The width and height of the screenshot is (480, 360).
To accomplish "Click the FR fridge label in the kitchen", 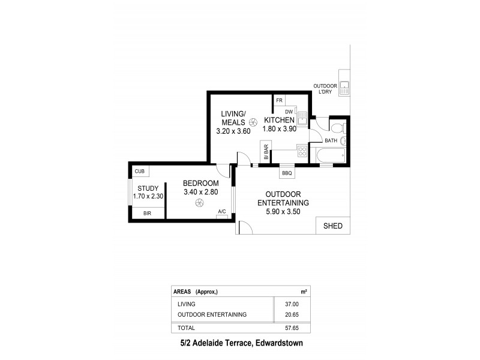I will [280, 100].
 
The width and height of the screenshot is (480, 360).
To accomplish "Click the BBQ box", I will [287, 173].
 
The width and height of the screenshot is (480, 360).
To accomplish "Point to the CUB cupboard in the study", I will [140, 172].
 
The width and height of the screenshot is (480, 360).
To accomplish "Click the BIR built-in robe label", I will [147, 213].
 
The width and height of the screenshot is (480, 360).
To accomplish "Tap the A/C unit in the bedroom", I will [222, 212].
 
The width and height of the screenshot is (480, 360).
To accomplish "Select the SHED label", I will [333, 226].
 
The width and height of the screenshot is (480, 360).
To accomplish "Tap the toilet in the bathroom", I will [337, 127].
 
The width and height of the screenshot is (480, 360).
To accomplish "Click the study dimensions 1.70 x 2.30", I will [147, 196].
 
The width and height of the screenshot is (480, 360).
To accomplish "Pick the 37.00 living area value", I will [290, 304].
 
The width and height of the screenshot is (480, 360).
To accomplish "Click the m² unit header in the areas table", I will [304, 292].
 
